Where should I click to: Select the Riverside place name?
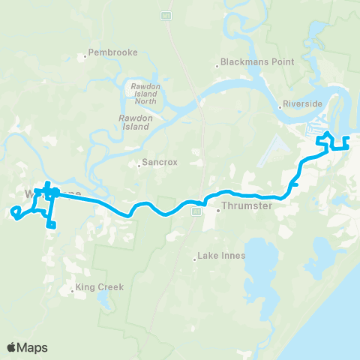tap(304, 104)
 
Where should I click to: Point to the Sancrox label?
tap(161, 162)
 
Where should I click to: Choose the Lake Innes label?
tap(223, 256)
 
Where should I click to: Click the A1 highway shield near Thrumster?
tap(196, 212)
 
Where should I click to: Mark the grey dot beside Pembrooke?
tap(84, 54)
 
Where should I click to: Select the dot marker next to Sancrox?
tap(139, 163)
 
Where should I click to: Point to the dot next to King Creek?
tap(72, 288)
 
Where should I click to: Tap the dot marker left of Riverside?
tap(283, 105)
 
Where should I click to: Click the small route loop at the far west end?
tap(16, 214)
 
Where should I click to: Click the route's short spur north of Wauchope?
tap(46, 185)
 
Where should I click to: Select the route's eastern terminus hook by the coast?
tap(346, 144)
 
